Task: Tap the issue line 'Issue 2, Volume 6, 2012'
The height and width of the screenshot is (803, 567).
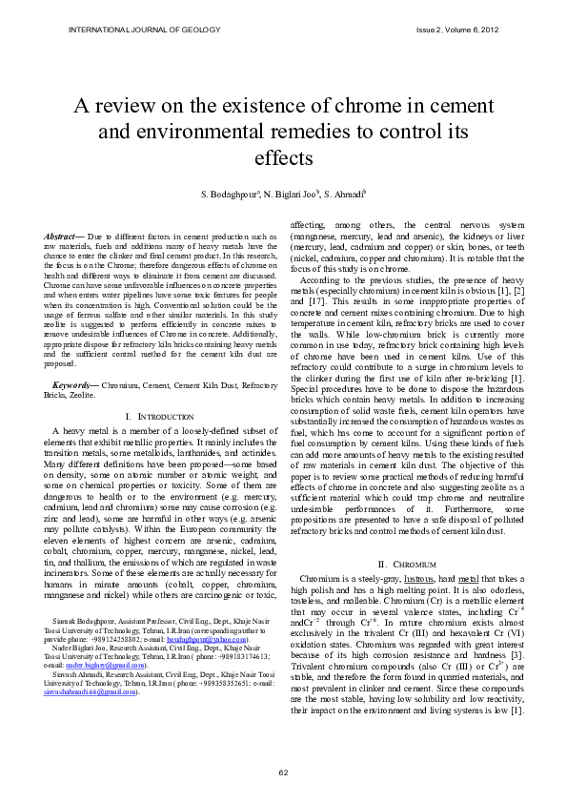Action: pos(456,30)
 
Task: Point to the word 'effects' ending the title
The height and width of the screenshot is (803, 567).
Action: pos(283,154)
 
